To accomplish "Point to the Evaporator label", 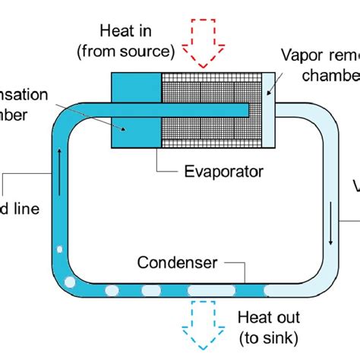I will point(224,172).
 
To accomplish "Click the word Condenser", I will point(177,264).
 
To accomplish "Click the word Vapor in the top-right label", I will point(301,55).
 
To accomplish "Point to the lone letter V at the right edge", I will point(355,188).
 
